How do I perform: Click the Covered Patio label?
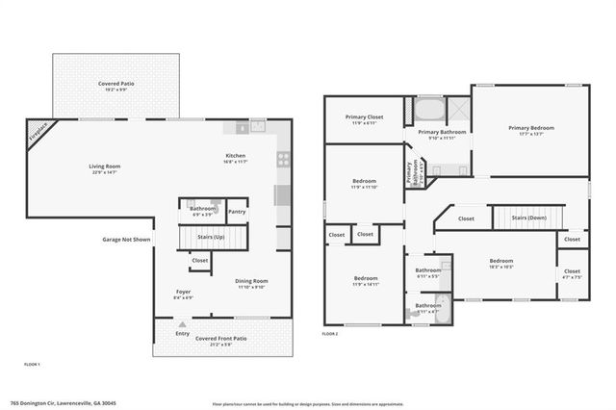click(115, 85)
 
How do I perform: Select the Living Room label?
click(104, 167)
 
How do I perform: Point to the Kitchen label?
click(236, 156)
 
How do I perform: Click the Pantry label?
click(237, 212)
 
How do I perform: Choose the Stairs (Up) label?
click(211, 236)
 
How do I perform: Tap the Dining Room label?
click(251, 281)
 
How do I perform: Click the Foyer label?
click(183, 292)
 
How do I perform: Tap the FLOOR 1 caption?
click(32, 364)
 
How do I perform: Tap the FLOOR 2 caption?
click(330, 334)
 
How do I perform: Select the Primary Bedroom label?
click(531, 128)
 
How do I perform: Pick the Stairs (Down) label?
click(528, 218)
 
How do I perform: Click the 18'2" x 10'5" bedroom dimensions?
click(501, 268)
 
